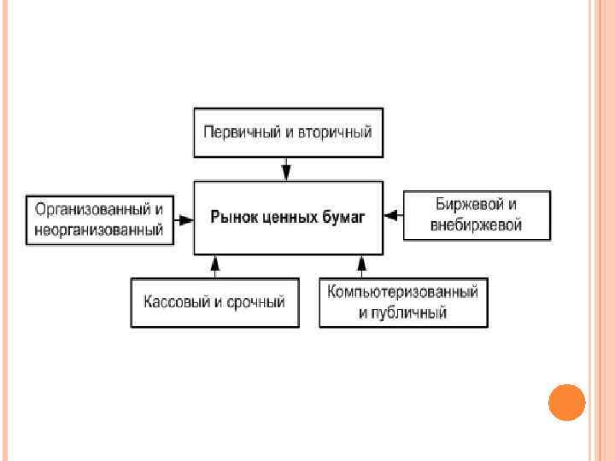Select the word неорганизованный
(x=98, y=229)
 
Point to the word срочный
(x=255, y=302)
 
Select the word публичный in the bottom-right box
(x=413, y=313)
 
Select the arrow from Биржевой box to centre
(x=393, y=215)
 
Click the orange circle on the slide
(x=565, y=403)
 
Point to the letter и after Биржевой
(x=512, y=205)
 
